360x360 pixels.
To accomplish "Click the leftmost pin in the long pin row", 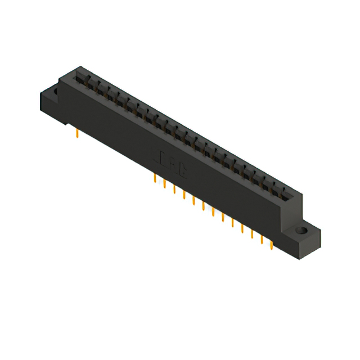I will (x=155, y=178).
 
